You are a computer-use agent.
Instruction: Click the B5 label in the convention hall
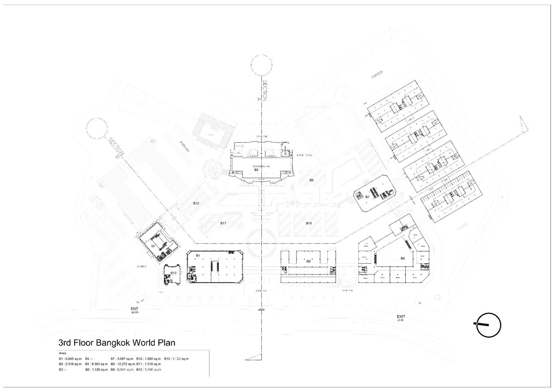tap(256, 170)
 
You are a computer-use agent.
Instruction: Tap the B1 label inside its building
tap(197, 255)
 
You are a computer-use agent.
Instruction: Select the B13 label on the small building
tap(174, 273)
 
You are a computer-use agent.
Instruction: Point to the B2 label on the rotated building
tap(153, 246)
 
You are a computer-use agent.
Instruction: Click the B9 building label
tap(308, 262)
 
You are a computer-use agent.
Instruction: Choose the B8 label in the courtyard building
tap(403, 258)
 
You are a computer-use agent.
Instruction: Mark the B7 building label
tap(367, 197)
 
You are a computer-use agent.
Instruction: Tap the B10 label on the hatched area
tap(309, 223)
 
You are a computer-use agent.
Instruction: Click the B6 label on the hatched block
tap(312, 180)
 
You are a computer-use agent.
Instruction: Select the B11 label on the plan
tap(223, 223)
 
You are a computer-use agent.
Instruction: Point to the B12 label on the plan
tap(196, 203)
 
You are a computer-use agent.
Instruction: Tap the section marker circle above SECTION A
tap(262, 66)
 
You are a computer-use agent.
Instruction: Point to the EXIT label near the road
tap(400, 316)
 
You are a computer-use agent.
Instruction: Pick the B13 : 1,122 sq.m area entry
tap(176, 358)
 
